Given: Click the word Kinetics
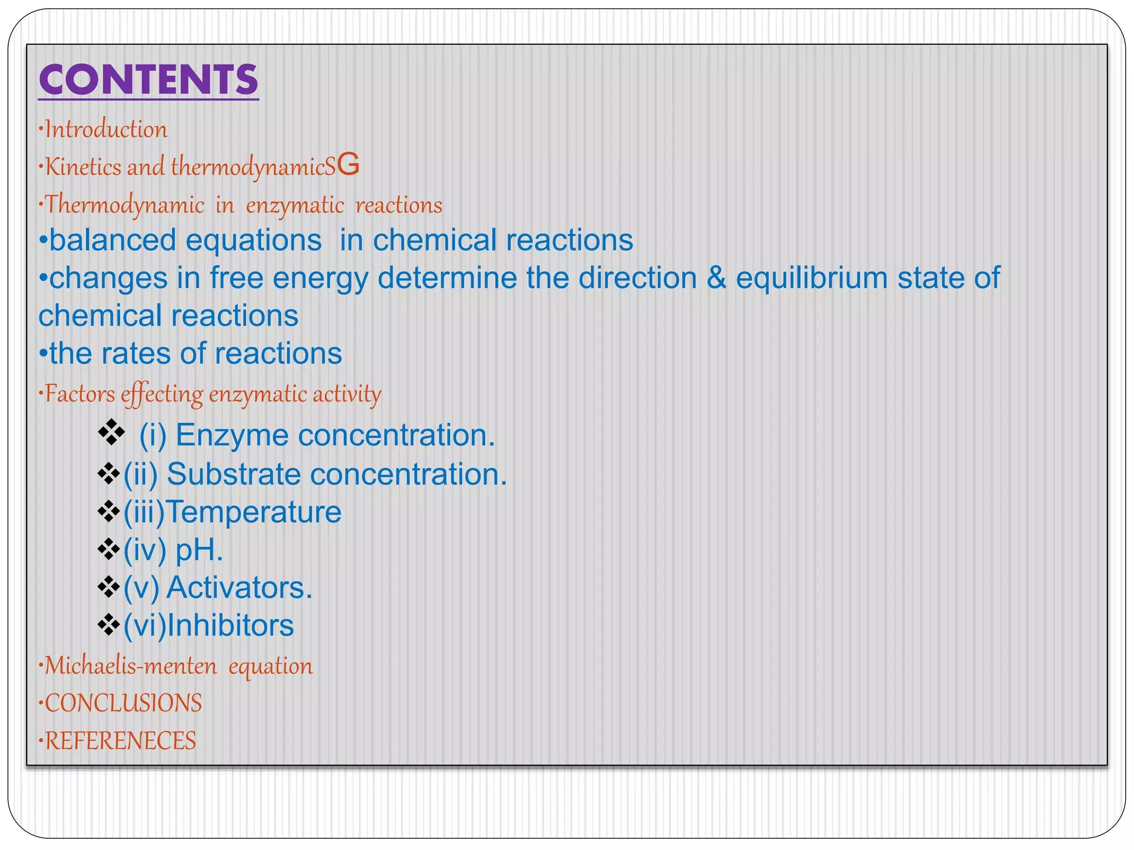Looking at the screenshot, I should pos(83,167).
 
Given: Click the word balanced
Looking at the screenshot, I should pos(113,241).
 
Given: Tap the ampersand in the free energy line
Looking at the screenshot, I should pos(717,278).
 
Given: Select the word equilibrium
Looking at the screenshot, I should pos(812,278).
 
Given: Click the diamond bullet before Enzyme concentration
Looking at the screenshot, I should pos(111,432).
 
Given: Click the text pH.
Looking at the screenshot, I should pos(199,550).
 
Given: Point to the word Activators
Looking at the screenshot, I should pos(240,588).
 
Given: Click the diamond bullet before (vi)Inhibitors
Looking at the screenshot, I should pos(109,625).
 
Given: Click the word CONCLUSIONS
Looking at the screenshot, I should pos(123,703).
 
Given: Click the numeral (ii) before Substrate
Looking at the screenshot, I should pos(141,475).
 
